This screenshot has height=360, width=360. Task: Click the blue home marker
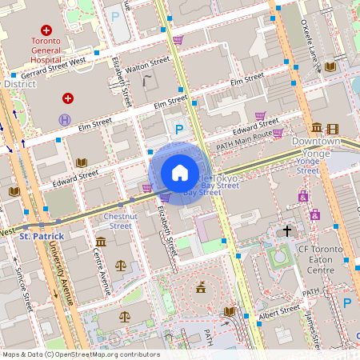point(180,172)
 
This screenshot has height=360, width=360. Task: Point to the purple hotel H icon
point(65,120)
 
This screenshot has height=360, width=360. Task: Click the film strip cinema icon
point(332,129)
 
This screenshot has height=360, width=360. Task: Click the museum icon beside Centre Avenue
point(100,242)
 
